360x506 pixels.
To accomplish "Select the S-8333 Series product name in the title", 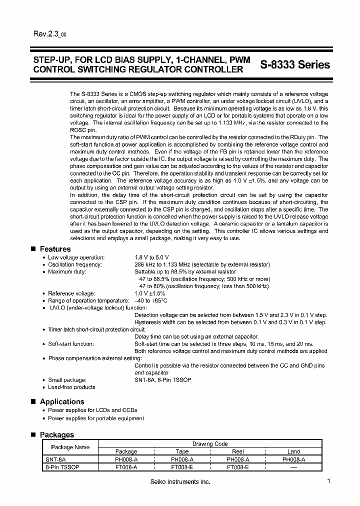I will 295,64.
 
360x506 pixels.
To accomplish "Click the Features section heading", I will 55,249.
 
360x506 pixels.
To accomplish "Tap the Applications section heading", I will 61,401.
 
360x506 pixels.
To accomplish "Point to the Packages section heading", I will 56,434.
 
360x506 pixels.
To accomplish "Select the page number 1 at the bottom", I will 328,480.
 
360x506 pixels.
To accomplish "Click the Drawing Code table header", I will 210,443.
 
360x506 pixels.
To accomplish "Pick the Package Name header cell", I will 70,447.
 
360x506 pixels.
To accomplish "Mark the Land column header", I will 293,451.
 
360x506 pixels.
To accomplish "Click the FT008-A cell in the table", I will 126,466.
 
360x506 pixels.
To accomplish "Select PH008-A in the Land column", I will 293,459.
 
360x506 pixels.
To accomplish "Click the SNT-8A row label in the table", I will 55,459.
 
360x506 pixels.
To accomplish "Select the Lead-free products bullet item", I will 71,387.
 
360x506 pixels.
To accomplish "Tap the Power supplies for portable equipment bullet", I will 96,418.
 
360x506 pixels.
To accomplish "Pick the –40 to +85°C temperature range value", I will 151,300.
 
